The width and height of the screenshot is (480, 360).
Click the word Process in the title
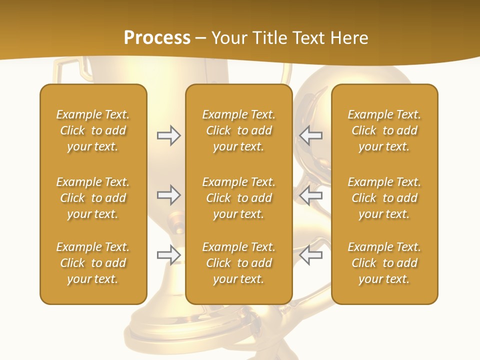157,38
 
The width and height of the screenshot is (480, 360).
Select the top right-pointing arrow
169,135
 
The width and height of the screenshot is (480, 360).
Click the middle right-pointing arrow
169,195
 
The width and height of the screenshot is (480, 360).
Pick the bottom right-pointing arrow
169,255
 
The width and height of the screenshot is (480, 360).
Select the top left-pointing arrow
311,135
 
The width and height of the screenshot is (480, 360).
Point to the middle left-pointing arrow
311,195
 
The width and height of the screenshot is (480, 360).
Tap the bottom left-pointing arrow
311,255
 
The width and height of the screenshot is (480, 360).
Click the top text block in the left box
93,130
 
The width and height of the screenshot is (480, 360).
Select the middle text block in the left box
93,198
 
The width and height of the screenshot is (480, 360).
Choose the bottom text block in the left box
93,263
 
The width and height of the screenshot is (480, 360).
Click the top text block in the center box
238,130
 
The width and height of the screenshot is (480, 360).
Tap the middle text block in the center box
238,198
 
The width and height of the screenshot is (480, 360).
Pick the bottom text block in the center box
238,263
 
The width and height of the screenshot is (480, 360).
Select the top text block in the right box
384,130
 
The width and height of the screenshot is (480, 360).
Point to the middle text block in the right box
384,198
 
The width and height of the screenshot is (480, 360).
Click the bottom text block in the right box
384,263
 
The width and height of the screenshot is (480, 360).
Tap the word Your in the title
228,38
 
